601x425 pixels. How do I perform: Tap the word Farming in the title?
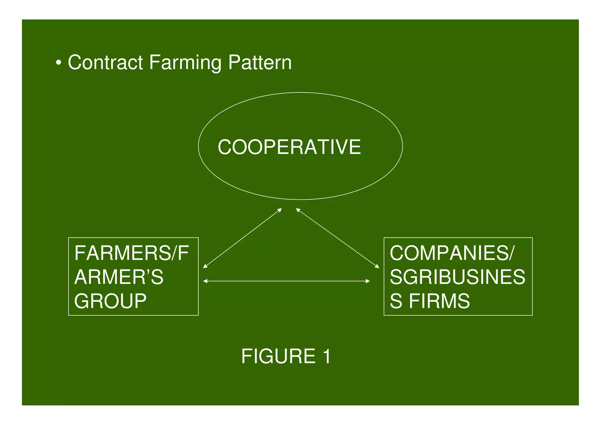click(x=185, y=63)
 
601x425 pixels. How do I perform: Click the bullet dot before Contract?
click(x=59, y=63)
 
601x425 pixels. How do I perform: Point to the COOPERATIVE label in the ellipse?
click(x=289, y=147)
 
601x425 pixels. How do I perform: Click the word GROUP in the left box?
click(x=110, y=301)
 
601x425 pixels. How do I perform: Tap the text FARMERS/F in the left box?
click(x=131, y=253)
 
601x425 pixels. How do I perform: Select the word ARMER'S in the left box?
click(x=119, y=277)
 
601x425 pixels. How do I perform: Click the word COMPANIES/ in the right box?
click(x=452, y=253)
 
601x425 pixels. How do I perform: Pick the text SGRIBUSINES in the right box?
click(x=457, y=277)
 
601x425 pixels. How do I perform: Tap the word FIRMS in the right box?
click(x=439, y=301)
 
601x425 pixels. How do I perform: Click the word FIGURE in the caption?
click(x=278, y=356)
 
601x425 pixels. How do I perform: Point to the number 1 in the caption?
click(x=326, y=356)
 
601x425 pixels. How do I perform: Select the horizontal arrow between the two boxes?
click(x=286, y=281)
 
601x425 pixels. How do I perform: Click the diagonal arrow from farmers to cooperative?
click(x=242, y=238)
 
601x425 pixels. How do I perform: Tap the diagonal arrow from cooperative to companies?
click(x=337, y=238)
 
